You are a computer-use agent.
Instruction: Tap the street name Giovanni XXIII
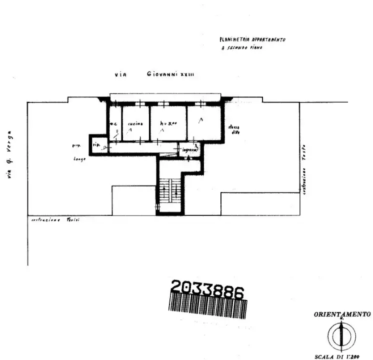point(170,74)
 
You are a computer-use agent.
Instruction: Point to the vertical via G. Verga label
point(10,154)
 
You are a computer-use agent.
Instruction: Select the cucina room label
point(135,123)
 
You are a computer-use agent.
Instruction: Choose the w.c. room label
point(114,124)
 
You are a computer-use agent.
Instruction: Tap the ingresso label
point(190,149)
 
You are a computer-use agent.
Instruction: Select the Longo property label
point(79,158)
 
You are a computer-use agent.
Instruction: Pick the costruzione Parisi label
point(55,220)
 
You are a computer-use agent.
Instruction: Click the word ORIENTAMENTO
point(342,314)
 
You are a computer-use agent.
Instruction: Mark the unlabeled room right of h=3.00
point(202,122)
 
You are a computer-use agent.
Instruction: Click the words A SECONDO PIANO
point(241,48)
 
